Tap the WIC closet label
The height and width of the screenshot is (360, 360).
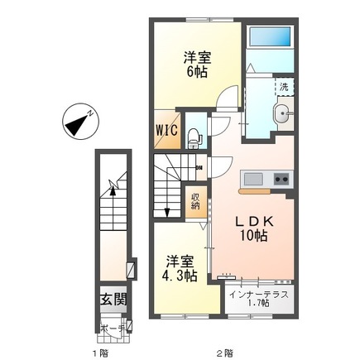pos(165,130)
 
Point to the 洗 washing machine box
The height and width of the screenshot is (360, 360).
pos(283,87)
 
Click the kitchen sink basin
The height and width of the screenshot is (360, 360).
pos(252,179)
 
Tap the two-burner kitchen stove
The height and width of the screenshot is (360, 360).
pos(280,179)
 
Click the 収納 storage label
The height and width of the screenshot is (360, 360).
pos(196,203)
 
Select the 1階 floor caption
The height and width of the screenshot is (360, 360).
pos(102,353)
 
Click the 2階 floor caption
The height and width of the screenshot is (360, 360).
pos(223,353)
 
